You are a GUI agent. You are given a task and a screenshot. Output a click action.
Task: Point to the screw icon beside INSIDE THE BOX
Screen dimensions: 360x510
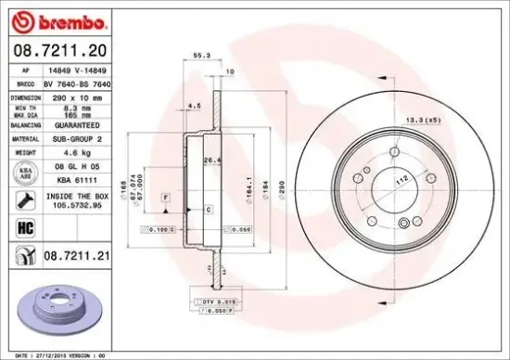20,200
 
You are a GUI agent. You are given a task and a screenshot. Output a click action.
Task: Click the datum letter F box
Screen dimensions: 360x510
164,199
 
